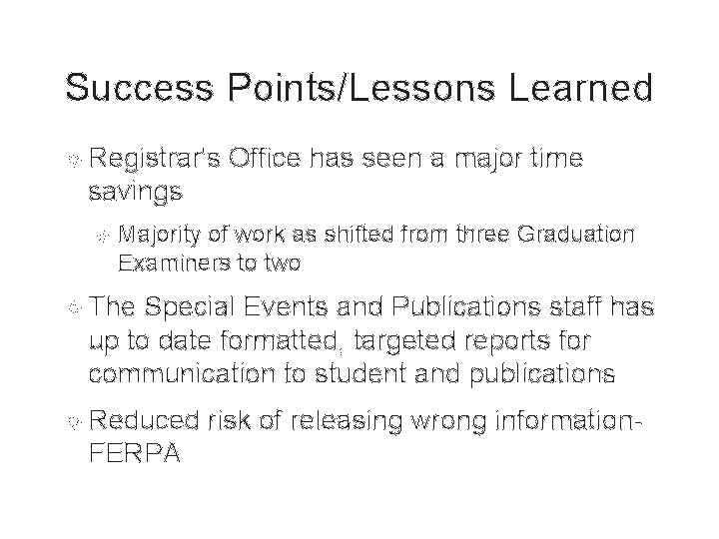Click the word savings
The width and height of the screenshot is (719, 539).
[135, 190]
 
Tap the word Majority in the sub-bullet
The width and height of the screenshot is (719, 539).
[161, 236]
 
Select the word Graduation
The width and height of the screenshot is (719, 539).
[576, 236]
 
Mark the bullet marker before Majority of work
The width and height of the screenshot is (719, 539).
[100, 236]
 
